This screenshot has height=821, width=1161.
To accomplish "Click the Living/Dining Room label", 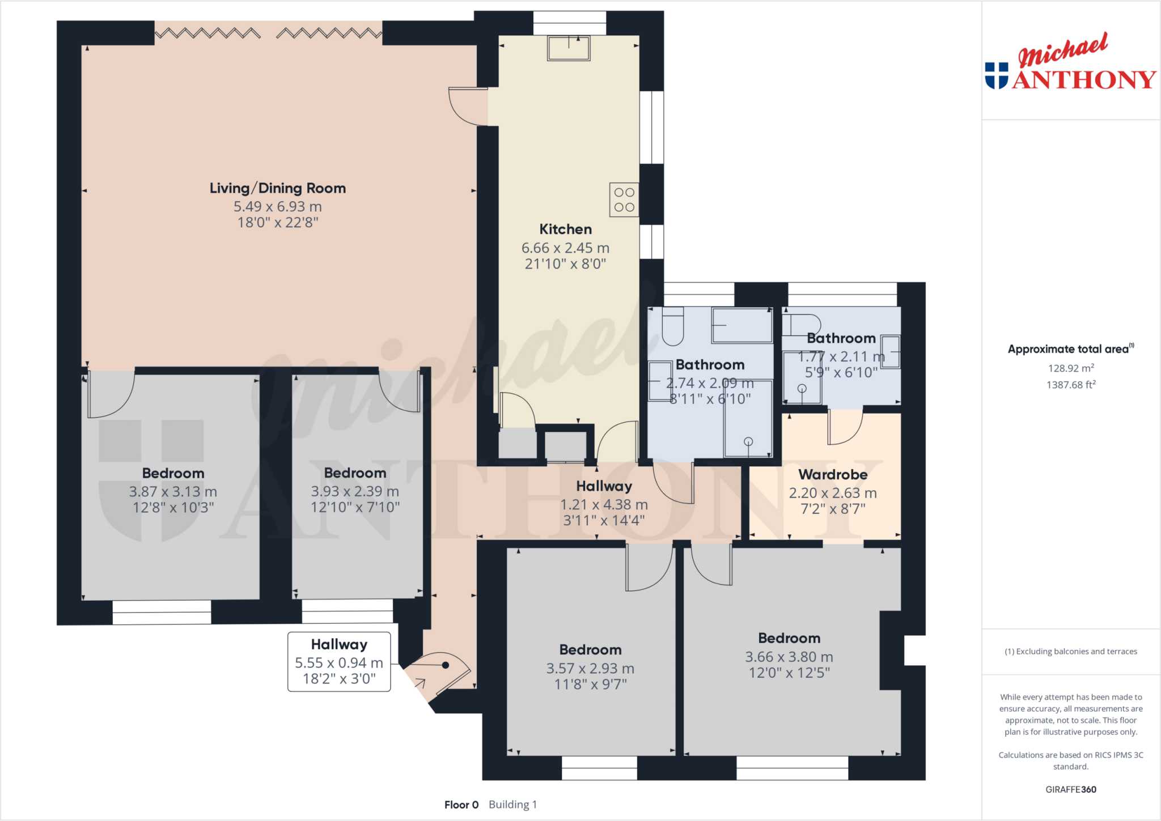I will [x=277, y=188].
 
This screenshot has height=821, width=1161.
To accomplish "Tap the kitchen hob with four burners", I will [x=624, y=199].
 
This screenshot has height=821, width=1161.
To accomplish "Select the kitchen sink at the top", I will [x=569, y=48].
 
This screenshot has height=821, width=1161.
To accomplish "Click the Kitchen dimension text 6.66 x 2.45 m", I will [x=565, y=248].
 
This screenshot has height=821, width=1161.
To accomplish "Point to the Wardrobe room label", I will [x=833, y=475].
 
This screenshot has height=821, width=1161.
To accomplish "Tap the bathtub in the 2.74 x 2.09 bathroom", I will [x=742, y=325].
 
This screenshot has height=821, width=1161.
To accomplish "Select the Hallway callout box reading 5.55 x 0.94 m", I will [x=339, y=661].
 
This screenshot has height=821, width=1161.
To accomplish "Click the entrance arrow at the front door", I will [x=420, y=683].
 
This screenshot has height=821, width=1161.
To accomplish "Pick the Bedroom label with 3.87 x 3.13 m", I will [x=173, y=473].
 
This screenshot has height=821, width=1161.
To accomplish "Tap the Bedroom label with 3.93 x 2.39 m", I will [x=355, y=473].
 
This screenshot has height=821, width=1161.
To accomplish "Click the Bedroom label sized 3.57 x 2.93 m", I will [x=590, y=650].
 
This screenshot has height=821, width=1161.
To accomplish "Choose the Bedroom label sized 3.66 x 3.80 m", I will [x=789, y=639].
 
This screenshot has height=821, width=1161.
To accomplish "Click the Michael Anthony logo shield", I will [x=997, y=75].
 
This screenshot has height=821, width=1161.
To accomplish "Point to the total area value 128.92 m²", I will [x=1071, y=368].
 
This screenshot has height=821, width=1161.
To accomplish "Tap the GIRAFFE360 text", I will [x=1071, y=789].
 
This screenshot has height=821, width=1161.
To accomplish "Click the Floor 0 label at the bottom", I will [x=461, y=805].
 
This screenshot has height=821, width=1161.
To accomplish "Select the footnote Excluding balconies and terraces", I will [x=1071, y=652].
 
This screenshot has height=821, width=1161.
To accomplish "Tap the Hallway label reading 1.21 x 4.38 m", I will [x=604, y=486].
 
